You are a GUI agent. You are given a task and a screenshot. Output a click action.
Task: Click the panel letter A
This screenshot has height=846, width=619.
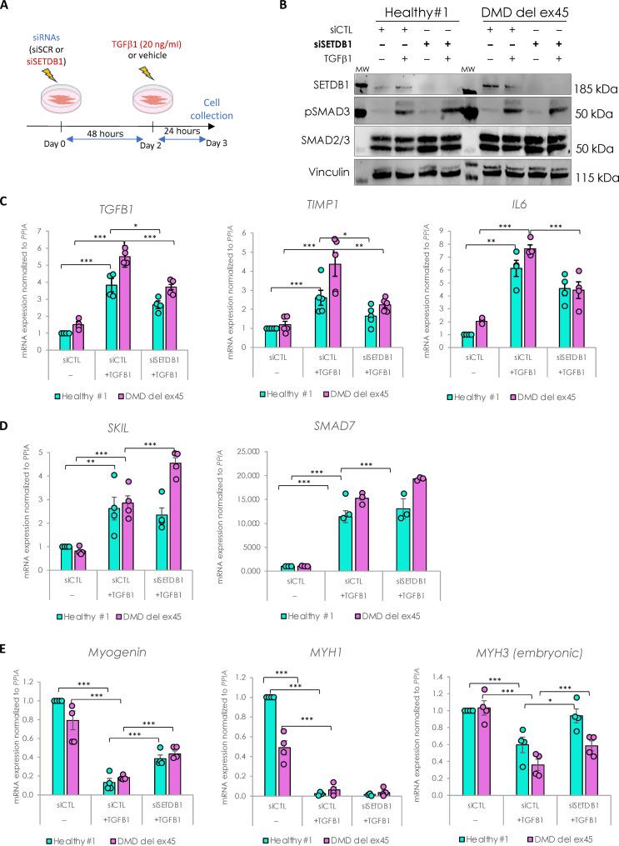pyautogui.click(x=7, y=9)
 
